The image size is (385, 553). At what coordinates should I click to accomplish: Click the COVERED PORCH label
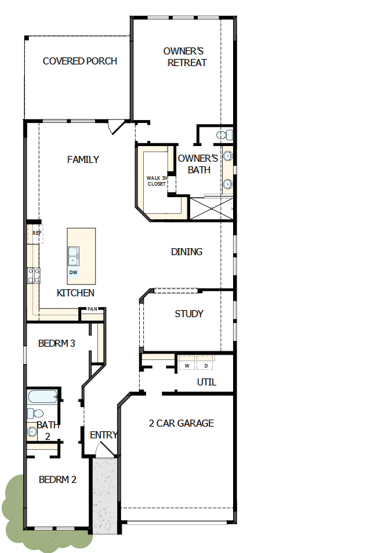click(80, 61)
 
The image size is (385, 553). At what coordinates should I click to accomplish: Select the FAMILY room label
click(83, 159)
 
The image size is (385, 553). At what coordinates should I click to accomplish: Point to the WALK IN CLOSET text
click(157, 181)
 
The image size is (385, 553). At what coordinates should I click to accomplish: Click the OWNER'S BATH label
click(198, 164)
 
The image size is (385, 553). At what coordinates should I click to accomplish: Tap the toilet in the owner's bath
click(224, 135)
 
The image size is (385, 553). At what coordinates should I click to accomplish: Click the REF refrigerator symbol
click(37, 233)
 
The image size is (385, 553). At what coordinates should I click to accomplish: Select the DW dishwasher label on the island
click(73, 272)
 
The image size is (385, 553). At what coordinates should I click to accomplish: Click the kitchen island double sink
click(74, 254)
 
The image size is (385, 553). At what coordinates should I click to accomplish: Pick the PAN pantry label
click(92, 310)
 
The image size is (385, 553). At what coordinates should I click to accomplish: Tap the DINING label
click(187, 252)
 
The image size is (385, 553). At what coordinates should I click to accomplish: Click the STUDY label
click(189, 314)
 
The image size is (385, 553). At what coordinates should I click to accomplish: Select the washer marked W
click(187, 366)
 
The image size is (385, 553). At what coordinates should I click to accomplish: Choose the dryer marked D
click(205, 366)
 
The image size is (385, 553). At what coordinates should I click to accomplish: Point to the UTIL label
click(206, 382)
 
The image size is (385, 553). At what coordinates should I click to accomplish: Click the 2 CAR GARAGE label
click(181, 423)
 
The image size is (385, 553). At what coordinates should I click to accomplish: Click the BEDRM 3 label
click(56, 343)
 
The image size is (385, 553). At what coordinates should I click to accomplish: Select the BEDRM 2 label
click(57, 479)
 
